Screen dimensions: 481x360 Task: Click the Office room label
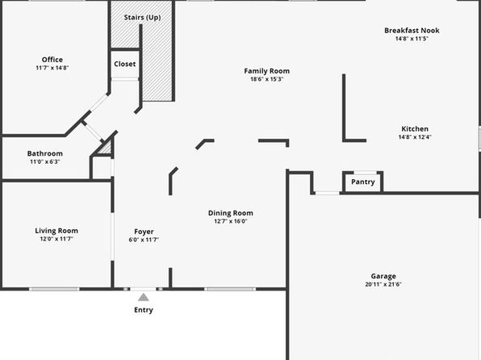coord(52,60)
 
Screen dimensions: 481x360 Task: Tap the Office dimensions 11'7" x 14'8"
coord(52,68)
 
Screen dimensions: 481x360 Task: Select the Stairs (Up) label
coord(142,18)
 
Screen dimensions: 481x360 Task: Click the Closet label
coord(125,64)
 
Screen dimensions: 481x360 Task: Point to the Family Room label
coord(267,71)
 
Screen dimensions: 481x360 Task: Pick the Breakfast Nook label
coord(412,31)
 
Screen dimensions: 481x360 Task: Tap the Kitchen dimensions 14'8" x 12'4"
coord(415,137)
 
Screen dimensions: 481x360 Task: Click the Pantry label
coord(363,182)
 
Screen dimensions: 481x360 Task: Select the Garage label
coord(383,277)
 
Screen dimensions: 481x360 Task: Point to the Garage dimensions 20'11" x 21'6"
coord(383,284)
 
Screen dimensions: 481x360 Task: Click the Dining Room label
coord(231,213)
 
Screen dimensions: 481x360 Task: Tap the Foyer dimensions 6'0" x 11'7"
coord(144,240)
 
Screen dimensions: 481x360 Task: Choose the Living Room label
coord(56,231)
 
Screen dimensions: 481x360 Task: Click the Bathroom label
coord(44,153)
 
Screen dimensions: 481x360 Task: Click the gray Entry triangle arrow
coord(144,297)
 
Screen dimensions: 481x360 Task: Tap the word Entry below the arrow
coord(144,310)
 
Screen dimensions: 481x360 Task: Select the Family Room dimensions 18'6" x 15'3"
coord(267,79)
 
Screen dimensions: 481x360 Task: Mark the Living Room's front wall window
coord(54,289)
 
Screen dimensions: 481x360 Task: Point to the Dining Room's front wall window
coord(230,289)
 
